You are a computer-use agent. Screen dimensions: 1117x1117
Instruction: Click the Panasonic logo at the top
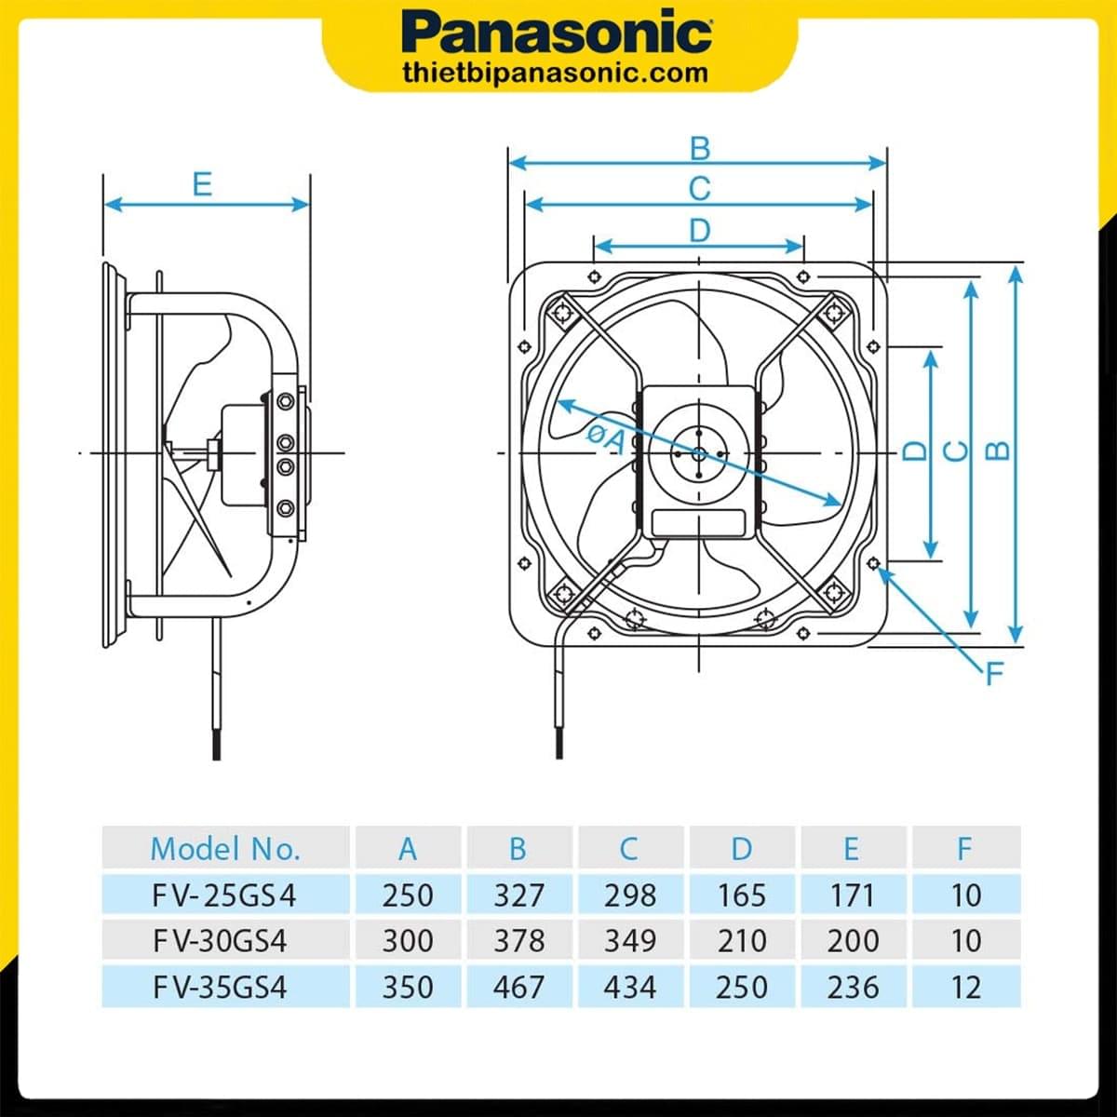click(x=558, y=34)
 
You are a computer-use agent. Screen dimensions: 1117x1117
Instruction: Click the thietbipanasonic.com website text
click(x=557, y=73)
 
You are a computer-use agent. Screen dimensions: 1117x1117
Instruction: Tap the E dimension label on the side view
click(x=202, y=184)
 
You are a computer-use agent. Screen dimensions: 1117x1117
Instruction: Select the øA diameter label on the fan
click(x=605, y=436)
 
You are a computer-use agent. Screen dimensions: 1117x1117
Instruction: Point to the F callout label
click(x=994, y=673)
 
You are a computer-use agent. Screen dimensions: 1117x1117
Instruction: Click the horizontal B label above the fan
click(x=699, y=148)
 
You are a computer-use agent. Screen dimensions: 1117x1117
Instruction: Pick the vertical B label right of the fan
click(x=998, y=451)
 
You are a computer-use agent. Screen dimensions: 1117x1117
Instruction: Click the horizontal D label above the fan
click(x=699, y=230)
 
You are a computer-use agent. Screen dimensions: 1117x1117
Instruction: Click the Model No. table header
click(x=225, y=848)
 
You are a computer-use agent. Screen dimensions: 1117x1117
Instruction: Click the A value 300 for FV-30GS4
click(x=408, y=940)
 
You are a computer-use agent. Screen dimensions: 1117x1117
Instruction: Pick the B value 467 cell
click(x=518, y=986)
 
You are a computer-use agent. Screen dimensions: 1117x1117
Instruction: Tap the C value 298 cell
click(x=630, y=895)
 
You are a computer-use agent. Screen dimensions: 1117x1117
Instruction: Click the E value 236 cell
click(x=853, y=986)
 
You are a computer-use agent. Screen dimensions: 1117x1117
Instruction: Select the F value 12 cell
click(x=966, y=986)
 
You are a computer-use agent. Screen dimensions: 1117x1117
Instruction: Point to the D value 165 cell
click(x=742, y=895)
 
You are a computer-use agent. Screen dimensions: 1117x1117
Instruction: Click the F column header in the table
click(x=964, y=848)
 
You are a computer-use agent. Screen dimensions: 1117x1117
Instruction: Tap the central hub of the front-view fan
click(x=698, y=453)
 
